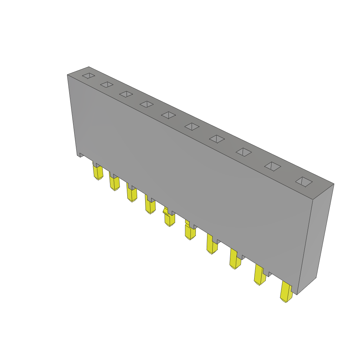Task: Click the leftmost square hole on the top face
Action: coord(89,76)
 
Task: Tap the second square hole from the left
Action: coord(107,84)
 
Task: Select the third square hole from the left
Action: coord(126,94)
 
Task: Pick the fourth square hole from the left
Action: coord(147,104)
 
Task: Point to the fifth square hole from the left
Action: coord(169,115)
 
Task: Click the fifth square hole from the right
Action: coord(192,127)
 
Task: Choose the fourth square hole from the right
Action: coord(217,139)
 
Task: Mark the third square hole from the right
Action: coord(244,152)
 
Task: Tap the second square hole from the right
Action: coord(273,166)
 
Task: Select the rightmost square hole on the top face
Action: coord(304,181)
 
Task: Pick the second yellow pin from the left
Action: coord(114,183)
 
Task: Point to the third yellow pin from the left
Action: coord(131,194)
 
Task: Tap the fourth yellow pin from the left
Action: coord(150,206)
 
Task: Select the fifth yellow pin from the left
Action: coord(169,219)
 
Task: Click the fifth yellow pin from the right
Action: coord(190,232)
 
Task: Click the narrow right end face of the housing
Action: coord(315,239)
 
